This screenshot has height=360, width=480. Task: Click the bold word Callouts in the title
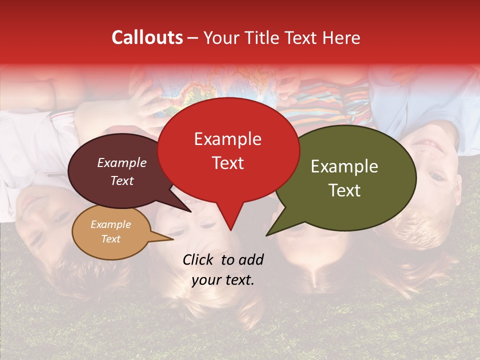tap(147, 37)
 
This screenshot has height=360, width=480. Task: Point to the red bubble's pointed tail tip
tap(230, 229)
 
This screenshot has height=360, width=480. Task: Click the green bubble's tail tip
tap(267, 234)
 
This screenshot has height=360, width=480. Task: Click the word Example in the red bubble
tap(227, 139)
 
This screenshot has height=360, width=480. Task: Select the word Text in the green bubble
tap(345, 190)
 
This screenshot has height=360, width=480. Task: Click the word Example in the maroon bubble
tap(121, 162)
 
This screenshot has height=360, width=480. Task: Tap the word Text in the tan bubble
tap(110, 239)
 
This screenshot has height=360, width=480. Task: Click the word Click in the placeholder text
tap(199, 259)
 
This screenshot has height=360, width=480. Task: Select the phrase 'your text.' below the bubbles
tap(223, 280)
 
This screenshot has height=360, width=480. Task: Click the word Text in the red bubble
tap(227, 163)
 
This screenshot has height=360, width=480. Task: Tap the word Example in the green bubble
tap(344, 166)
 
